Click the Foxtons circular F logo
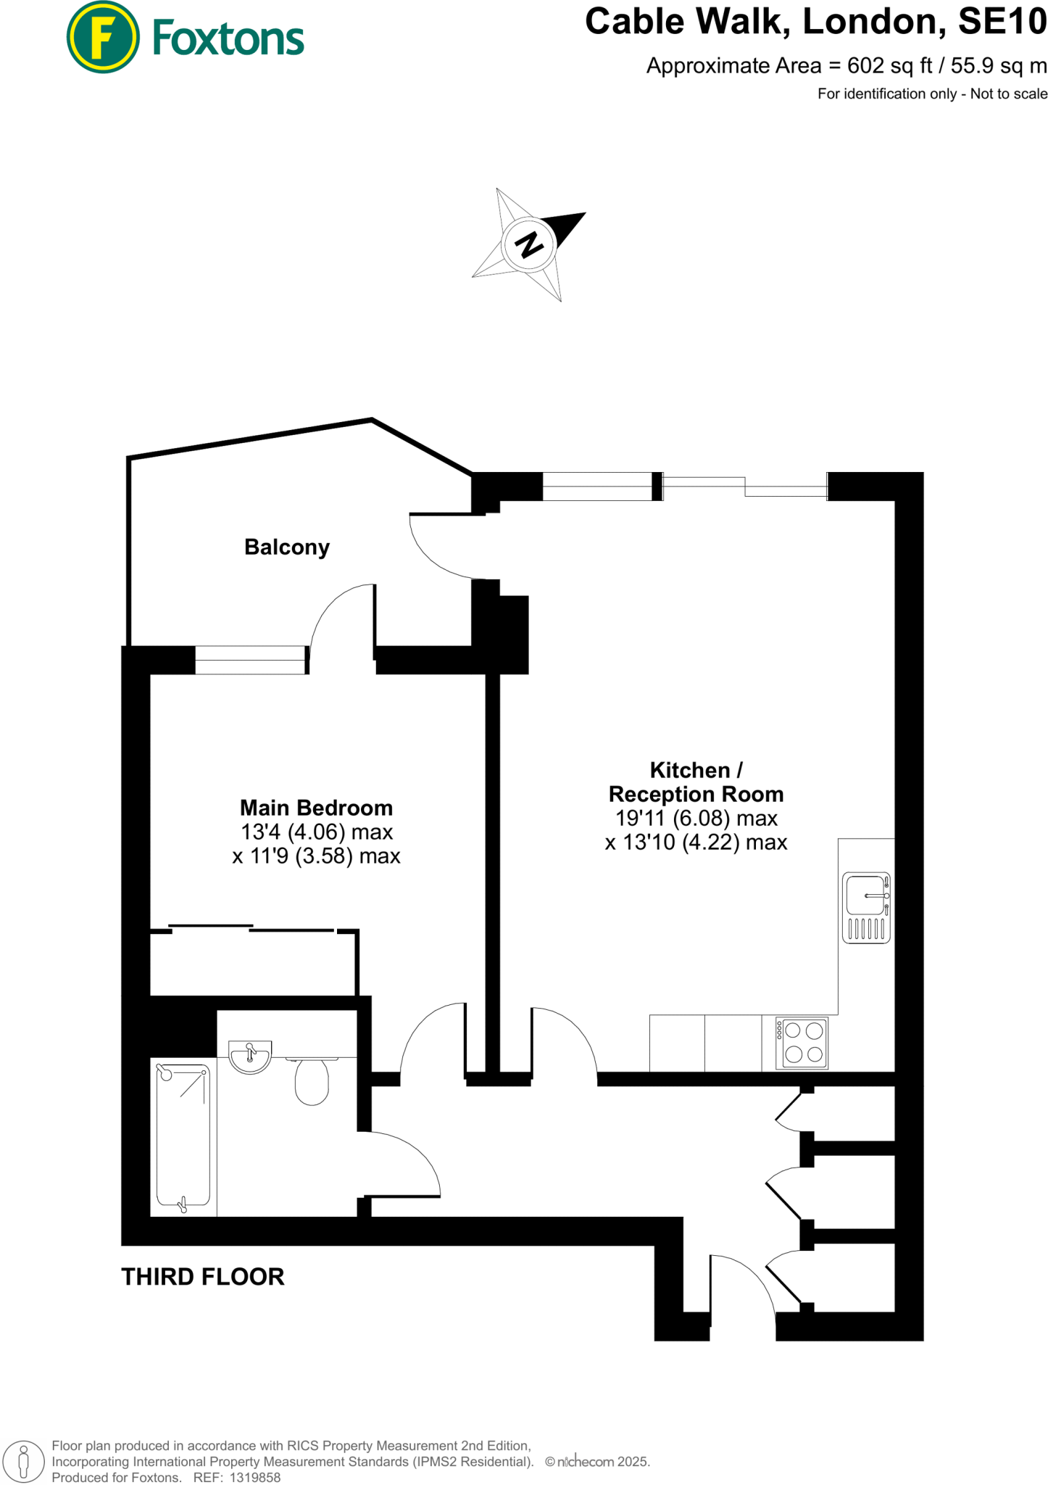(x=103, y=37)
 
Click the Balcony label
(x=287, y=547)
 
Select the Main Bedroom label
(x=316, y=808)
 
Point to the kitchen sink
(x=866, y=907)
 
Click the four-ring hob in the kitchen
(x=803, y=1043)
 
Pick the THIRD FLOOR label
(x=202, y=1277)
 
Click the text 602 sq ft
(x=889, y=66)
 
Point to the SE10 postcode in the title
(x=1002, y=22)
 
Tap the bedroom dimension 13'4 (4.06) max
(x=316, y=832)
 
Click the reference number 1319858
(x=254, y=1477)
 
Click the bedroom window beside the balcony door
(x=251, y=660)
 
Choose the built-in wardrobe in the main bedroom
(x=253, y=962)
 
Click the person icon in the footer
(x=23, y=1462)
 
